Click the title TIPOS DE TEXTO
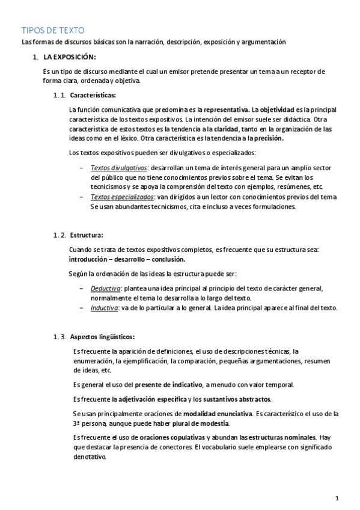pyautogui.click(x=53, y=29)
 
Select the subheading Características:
pyautogui.click(x=93, y=95)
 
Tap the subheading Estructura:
pyautogui.click(x=87, y=235)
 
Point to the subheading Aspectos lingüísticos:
pyautogui.click(x=103, y=336)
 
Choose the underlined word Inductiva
pyautogui.click(x=105, y=308)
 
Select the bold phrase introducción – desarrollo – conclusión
pyautogui.click(x=127, y=259)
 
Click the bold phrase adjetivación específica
pyautogui.click(x=151, y=399)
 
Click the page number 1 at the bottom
pyautogui.click(x=337, y=498)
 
